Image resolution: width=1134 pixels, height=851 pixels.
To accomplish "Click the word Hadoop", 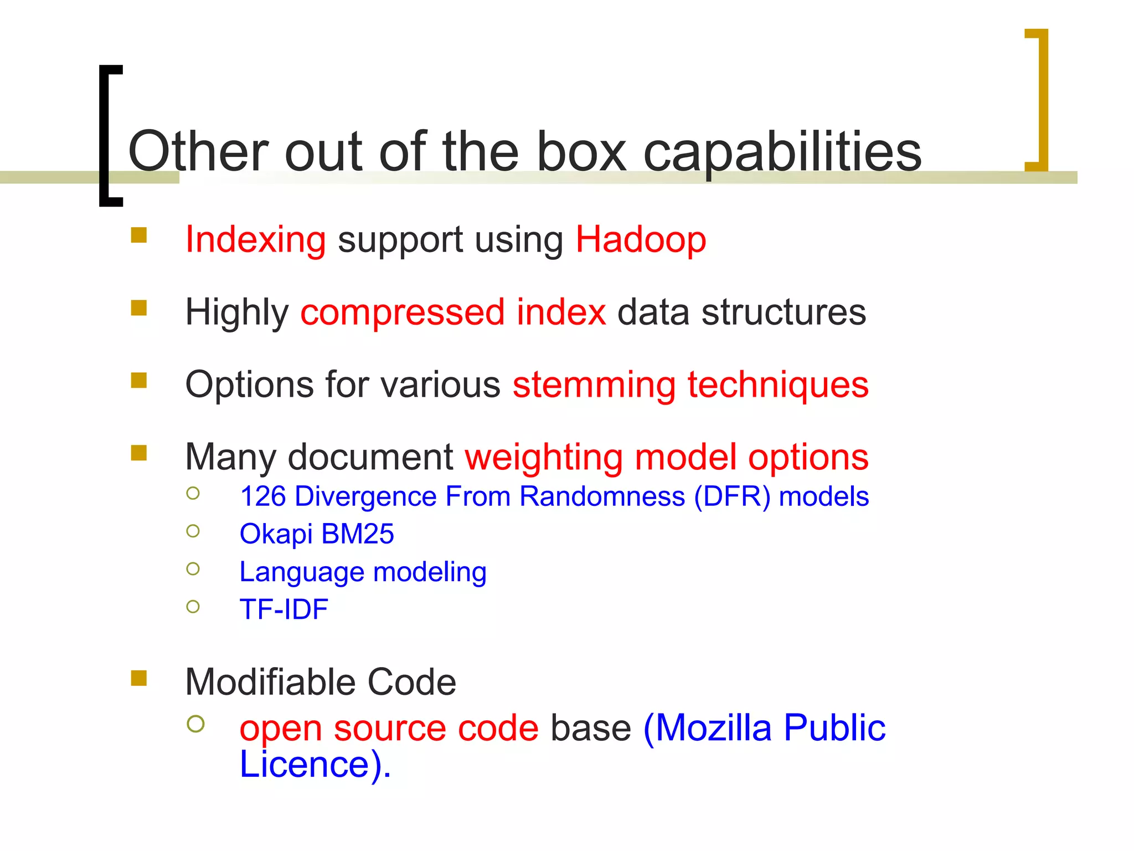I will pyautogui.click(x=641, y=240).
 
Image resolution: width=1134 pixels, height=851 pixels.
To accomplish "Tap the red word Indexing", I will pyautogui.click(x=255, y=240).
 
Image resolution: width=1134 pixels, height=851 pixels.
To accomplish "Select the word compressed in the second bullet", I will pyautogui.click(x=403, y=312).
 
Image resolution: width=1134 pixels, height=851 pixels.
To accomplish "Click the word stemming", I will pyautogui.click(x=594, y=385).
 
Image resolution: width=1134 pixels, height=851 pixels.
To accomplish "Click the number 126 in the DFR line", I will pyautogui.click(x=262, y=496).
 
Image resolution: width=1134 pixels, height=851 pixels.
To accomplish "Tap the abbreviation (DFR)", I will pyautogui.click(x=732, y=496).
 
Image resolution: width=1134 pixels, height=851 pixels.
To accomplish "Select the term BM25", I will pyautogui.click(x=357, y=534).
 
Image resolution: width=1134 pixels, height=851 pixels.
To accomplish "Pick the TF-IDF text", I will pyautogui.click(x=283, y=609).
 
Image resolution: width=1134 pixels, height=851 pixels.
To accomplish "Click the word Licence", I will pyautogui.click(x=305, y=765).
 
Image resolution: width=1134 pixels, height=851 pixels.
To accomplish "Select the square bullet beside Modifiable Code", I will pyautogui.click(x=138, y=678).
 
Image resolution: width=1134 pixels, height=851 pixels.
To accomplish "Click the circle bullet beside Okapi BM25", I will pyautogui.click(x=193, y=531).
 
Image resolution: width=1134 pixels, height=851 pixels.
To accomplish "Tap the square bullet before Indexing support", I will pyautogui.click(x=138, y=235).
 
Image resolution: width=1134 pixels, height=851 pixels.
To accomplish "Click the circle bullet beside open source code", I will pyautogui.click(x=195, y=724).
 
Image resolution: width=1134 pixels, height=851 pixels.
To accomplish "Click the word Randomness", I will pyautogui.click(x=602, y=496).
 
